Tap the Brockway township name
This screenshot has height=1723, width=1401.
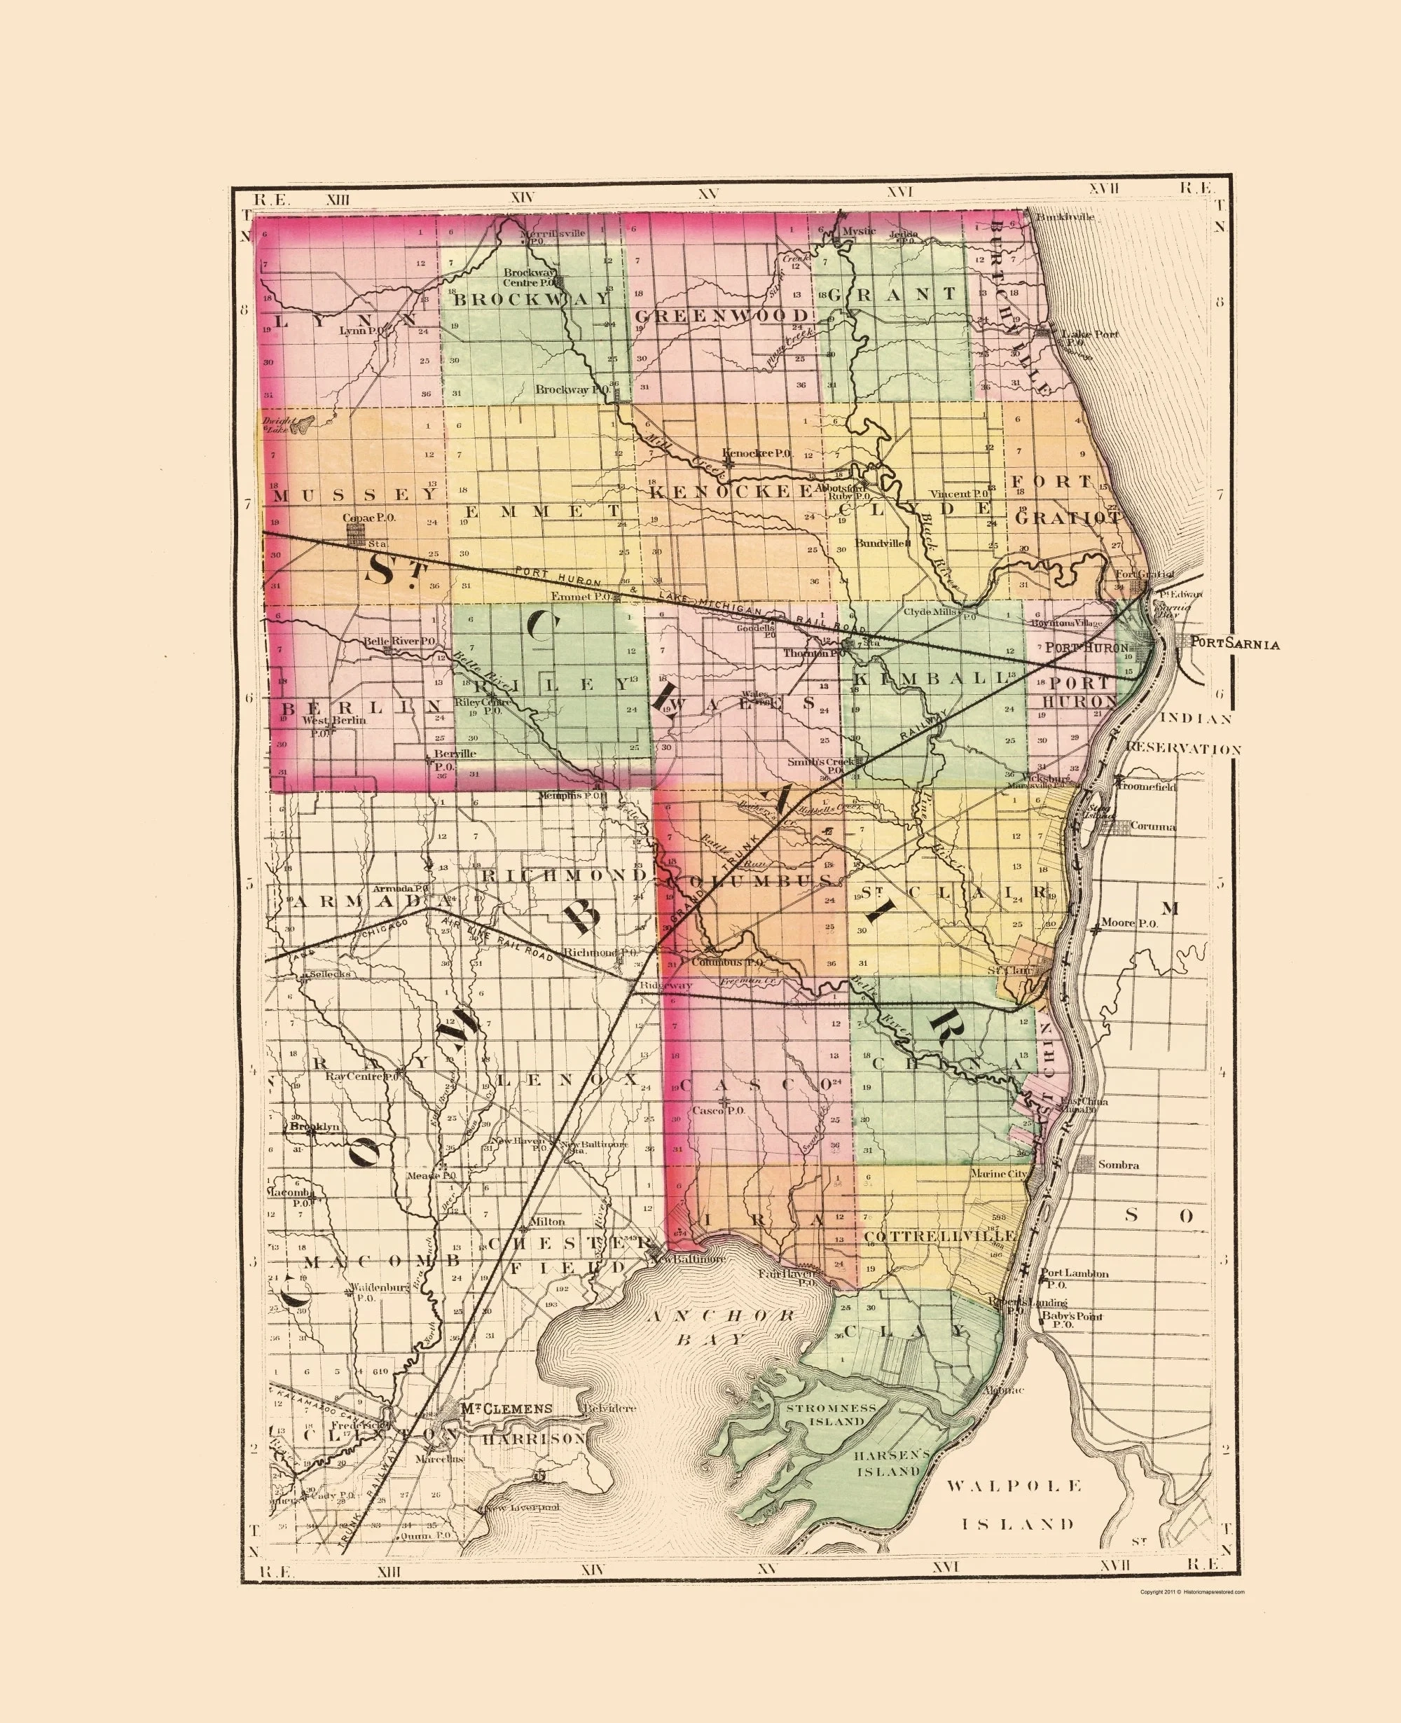tap(531, 298)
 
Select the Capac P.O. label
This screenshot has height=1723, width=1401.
tap(368, 518)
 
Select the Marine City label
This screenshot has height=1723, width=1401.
tap(998, 1173)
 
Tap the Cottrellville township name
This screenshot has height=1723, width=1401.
tap(939, 1236)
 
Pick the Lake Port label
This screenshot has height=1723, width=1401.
tap(1089, 334)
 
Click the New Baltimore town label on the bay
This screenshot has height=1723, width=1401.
tap(688, 1259)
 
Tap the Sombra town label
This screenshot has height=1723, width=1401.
tap(1118, 1165)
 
